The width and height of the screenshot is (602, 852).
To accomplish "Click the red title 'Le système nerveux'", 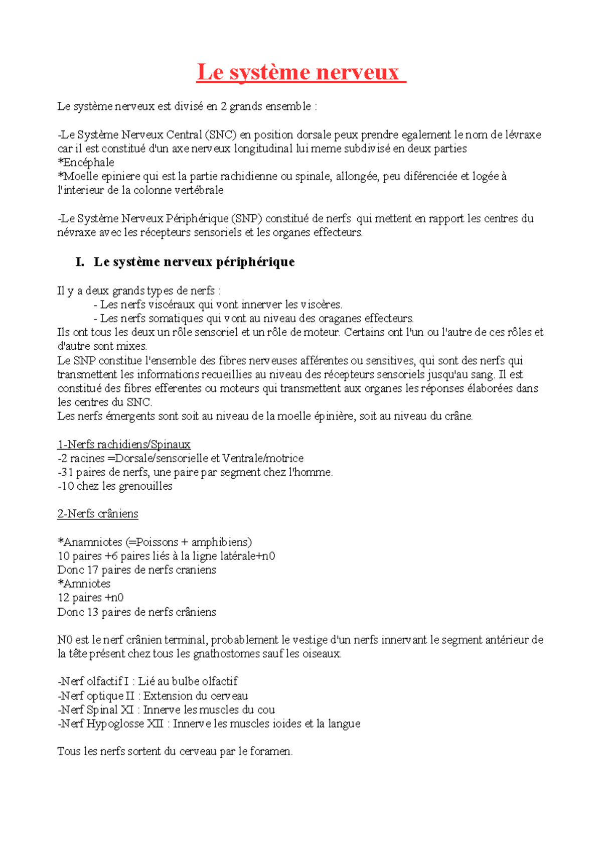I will click(x=301, y=73).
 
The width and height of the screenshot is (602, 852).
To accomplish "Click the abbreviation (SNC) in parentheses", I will click(x=221, y=135).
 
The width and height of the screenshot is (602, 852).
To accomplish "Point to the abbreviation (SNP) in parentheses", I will click(x=246, y=219).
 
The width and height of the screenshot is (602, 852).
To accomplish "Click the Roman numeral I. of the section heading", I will click(x=79, y=262).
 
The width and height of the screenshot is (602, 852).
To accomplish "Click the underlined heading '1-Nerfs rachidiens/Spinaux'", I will click(x=124, y=445).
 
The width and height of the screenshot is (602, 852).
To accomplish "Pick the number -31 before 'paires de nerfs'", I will click(x=65, y=472).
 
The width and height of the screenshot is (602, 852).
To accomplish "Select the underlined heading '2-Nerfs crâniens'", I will click(x=98, y=514).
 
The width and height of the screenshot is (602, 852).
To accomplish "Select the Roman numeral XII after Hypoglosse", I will click(x=152, y=724).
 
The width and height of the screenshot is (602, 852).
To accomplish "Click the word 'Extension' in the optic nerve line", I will click(x=167, y=696).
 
